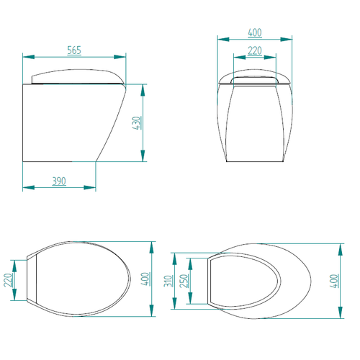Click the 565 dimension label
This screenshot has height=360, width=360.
74,50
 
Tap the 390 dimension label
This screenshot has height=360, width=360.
59,181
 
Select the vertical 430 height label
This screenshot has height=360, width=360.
137,123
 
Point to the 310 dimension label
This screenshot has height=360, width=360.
168,281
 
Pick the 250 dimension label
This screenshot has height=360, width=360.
184,281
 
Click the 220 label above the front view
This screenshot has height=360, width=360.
255,51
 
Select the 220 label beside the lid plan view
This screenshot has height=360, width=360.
8,280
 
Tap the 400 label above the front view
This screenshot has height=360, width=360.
255,32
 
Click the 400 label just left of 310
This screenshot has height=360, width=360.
145,279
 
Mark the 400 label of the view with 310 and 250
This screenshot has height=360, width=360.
334,281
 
